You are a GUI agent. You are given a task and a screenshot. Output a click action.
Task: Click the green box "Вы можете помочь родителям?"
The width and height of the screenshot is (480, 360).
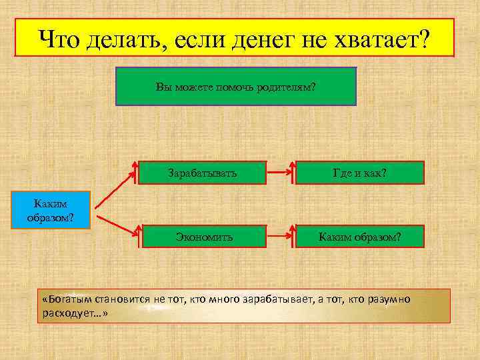pyautogui.click(x=236, y=86)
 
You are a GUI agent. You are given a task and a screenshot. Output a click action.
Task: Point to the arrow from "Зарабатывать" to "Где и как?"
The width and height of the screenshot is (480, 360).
pyautogui.click(x=279, y=173)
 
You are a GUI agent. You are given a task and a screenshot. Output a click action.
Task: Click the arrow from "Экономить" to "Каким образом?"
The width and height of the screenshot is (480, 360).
pyautogui.click(x=279, y=237)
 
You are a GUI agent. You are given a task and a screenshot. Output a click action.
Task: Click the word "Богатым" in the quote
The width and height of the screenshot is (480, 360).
pyautogui.click(x=71, y=300)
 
